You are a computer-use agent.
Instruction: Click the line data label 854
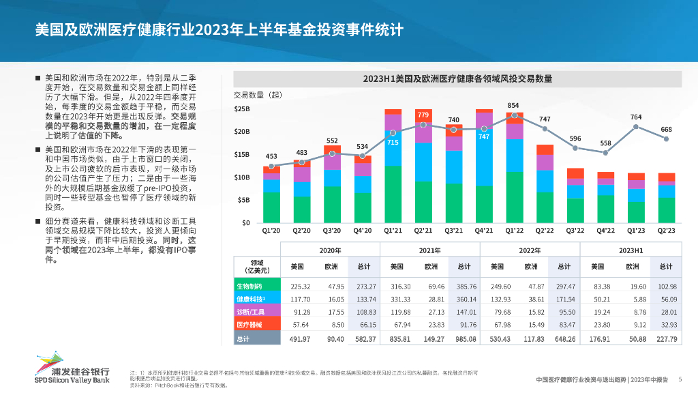[x=513, y=105]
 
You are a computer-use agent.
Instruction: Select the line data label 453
[x=271, y=156]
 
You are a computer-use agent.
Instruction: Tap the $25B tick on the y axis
[x=242, y=108]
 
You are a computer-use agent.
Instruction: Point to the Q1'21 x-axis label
[x=393, y=231]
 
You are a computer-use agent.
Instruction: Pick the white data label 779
[x=423, y=115]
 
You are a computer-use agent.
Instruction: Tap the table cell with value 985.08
[x=466, y=338]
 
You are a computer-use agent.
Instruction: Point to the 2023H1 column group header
[x=632, y=250]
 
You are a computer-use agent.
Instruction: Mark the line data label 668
[x=667, y=130]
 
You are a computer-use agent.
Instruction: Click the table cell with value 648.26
[x=564, y=338]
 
